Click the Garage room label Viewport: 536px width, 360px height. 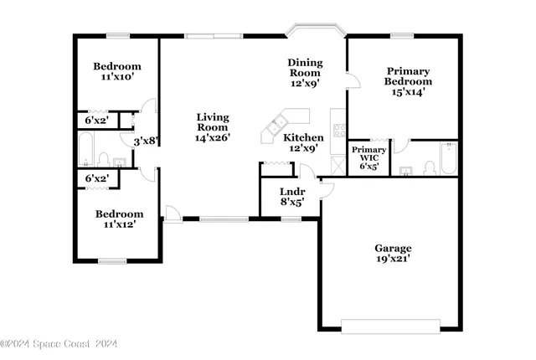tap(392, 253)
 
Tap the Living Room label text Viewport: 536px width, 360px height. tap(212, 126)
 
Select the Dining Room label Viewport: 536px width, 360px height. tap(305, 73)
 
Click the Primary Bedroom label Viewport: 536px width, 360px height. tap(408, 81)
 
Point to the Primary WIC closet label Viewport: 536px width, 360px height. tap(369, 157)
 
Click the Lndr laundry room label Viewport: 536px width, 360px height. tap(291, 196)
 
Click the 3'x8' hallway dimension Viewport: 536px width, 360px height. tap(146, 141)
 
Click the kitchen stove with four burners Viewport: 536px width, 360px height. tap(340, 130)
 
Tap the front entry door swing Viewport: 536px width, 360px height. tap(171, 214)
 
